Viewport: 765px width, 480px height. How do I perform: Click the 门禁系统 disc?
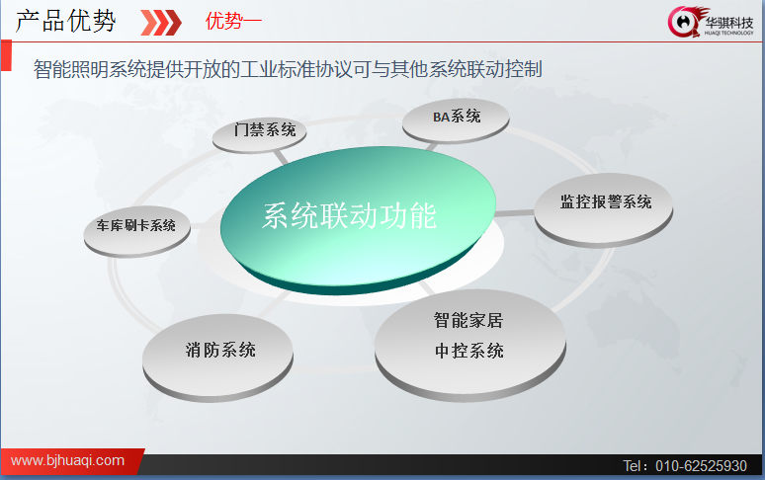pyautogui.click(x=260, y=134)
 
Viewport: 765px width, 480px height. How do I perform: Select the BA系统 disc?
pyautogui.click(x=456, y=120)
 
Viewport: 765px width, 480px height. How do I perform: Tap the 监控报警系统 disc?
pyautogui.click(x=604, y=209)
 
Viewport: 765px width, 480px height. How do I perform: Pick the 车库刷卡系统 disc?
pyautogui.click(x=136, y=230)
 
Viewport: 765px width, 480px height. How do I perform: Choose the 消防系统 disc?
pyautogui.click(x=217, y=358)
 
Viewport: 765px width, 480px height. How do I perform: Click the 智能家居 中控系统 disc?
pyautogui.click(x=470, y=345)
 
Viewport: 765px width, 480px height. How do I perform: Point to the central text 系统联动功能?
pyautogui.click(x=349, y=215)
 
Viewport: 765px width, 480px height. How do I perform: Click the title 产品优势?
pyautogui.click(x=66, y=21)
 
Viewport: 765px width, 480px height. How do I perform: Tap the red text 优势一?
pyautogui.click(x=233, y=22)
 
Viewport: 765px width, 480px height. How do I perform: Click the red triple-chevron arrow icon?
pyautogui.click(x=161, y=23)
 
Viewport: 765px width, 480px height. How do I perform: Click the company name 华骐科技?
pyautogui.click(x=728, y=23)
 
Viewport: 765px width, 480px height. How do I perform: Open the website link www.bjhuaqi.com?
pyautogui.click(x=67, y=460)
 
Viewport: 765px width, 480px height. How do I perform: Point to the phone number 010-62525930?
pyautogui.click(x=701, y=466)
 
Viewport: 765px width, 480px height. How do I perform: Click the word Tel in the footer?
pyautogui.click(x=633, y=466)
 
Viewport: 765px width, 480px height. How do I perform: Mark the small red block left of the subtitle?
pyautogui.click(x=6, y=55)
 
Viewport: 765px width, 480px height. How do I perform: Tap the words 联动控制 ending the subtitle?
pyautogui.click(x=504, y=69)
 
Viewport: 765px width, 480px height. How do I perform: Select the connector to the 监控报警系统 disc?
pyautogui.click(x=515, y=213)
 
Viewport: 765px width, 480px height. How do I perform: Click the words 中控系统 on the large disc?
pyautogui.click(x=469, y=351)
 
